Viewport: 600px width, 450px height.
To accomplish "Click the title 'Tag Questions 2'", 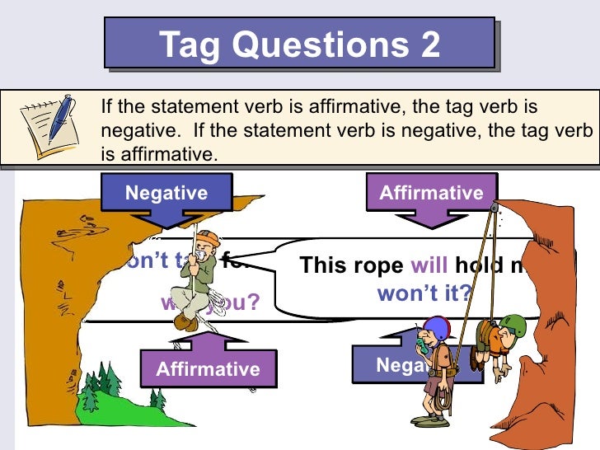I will (300, 45).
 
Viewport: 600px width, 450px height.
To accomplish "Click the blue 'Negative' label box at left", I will (166, 194).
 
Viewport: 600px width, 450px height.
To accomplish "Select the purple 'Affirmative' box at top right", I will (431, 194).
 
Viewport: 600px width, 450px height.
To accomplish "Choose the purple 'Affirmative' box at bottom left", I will (208, 369).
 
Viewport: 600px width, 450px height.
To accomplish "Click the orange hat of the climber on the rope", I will (209, 239).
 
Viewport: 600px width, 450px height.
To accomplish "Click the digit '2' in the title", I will (429, 45).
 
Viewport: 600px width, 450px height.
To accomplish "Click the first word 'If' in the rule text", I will (105, 106).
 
